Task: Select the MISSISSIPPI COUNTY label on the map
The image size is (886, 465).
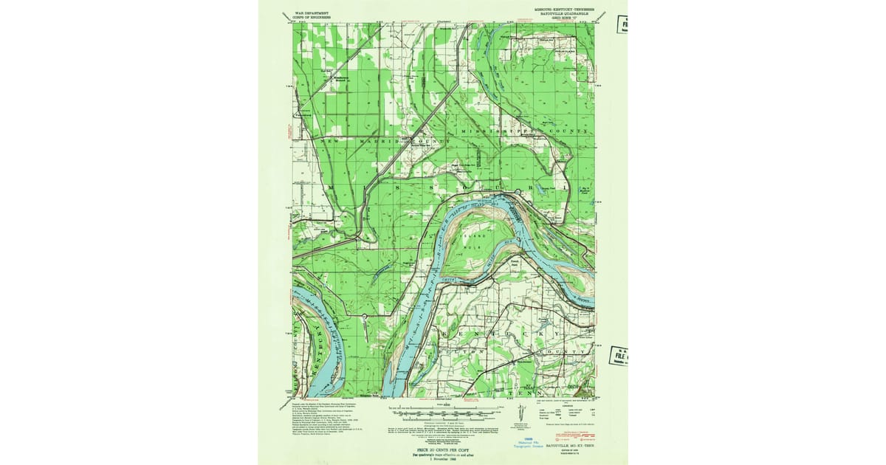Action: (524, 131)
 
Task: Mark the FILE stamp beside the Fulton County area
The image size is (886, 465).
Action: (618, 356)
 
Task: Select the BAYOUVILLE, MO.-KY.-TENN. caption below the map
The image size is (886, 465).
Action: (569, 447)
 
